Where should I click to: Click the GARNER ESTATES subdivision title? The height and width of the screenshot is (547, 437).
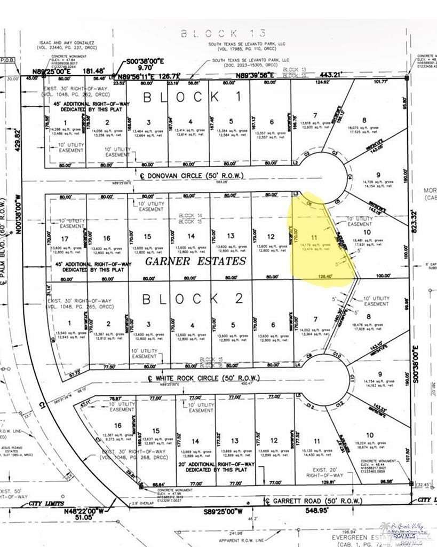(x=196, y=261)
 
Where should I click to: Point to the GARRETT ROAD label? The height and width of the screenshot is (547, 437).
(x=309, y=501)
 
